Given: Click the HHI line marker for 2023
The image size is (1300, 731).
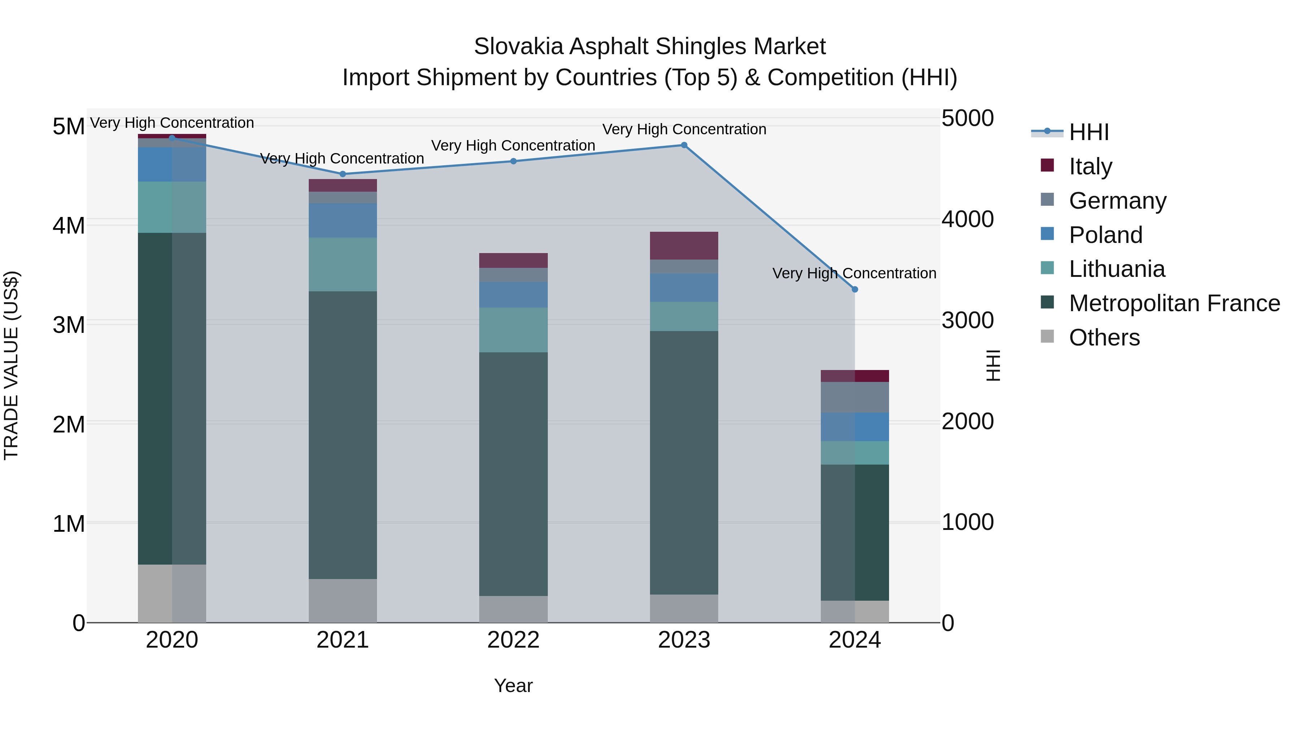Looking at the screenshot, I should (x=684, y=145).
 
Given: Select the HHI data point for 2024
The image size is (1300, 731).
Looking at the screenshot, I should (x=854, y=290).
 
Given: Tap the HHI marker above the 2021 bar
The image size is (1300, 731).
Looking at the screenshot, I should (x=343, y=174).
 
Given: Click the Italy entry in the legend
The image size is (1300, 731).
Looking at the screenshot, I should (x=1090, y=166).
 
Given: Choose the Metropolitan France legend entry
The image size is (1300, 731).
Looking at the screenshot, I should (x=1174, y=303).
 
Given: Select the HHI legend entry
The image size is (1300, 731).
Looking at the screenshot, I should (x=1088, y=132).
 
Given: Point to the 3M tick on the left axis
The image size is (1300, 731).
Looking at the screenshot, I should (x=69, y=325).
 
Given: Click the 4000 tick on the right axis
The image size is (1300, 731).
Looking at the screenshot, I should (x=967, y=219).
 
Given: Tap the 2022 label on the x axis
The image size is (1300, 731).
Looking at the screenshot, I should (x=513, y=640).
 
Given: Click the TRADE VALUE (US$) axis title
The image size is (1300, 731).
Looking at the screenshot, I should (x=11, y=365).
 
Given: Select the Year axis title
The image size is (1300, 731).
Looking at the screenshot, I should (x=513, y=686).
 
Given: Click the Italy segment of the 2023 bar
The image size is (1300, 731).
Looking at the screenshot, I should (x=684, y=246).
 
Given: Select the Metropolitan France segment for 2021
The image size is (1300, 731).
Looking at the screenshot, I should (x=343, y=435).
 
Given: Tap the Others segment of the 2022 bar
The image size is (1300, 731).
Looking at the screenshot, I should (x=513, y=609).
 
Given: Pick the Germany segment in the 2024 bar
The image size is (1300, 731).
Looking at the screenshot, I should (x=854, y=397).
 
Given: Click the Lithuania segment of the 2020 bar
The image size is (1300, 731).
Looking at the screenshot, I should (x=172, y=207).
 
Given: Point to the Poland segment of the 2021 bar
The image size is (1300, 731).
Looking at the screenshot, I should (x=343, y=221).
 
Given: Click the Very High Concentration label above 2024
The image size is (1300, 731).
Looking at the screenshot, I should (x=854, y=273).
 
